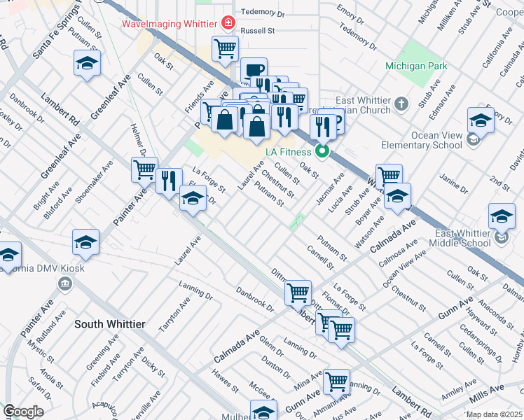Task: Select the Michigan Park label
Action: pos(416,66)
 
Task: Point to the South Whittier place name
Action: pos(110,324)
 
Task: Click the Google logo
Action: pos(23,412)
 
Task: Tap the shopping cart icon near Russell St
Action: pos(225,49)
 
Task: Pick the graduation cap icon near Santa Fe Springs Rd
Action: pos(86,64)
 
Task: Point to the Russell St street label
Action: pos(257,31)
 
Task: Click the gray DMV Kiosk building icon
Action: pos(64,283)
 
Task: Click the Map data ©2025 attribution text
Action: pos(493,414)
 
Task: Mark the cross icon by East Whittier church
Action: pos(401,104)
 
